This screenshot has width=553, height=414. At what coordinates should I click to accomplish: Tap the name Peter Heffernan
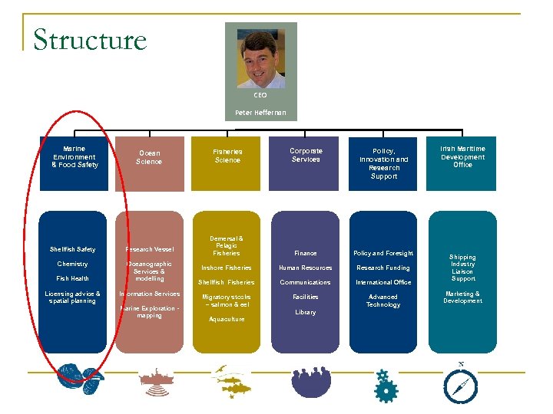pyautogui.click(x=260, y=113)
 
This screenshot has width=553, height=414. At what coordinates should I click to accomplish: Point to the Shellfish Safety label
pyautogui.click(x=72, y=249)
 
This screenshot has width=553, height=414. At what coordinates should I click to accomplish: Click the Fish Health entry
pyautogui.click(x=72, y=278)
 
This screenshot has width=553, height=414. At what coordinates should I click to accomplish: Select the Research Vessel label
pyautogui.click(x=150, y=249)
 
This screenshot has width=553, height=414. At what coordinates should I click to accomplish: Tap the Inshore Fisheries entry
pyautogui.click(x=227, y=268)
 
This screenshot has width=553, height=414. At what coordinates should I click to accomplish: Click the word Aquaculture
pyautogui.click(x=227, y=319)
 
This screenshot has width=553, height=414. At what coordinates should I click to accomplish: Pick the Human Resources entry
pyautogui.click(x=306, y=268)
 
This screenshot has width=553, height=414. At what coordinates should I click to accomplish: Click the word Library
pyautogui.click(x=306, y=312)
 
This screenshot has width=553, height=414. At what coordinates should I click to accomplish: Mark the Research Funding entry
pyautogui.click(x=383, y=268)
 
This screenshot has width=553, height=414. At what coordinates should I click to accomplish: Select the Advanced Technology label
pyautogui.click(x=383, y=301)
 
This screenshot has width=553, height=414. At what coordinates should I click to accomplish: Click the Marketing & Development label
pyautogui.click(x=462, y=297)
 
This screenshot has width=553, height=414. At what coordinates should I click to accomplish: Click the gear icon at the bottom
pyautogui.click(x=386, y=386)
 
